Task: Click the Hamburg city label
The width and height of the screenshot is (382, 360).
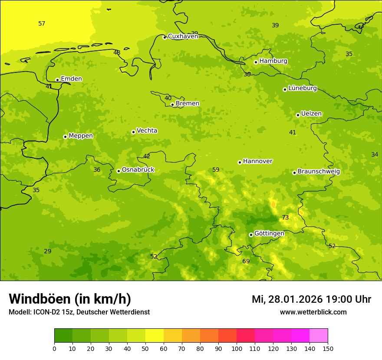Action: pyautogui.click(x=273, y=61)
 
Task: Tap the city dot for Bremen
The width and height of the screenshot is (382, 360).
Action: pyautogui.click(x=172, y=105)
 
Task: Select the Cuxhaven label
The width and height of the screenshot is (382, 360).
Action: pyautogui.click(x=183, y=36)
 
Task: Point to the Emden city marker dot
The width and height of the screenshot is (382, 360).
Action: pyautogui.click(x=57, y=80)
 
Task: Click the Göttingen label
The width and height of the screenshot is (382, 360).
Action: pyautogui.click(x=269, y=233)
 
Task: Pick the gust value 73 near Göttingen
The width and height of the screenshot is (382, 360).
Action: pyautogui.click(x=285, y=217)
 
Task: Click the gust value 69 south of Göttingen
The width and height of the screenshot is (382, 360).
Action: pyautogui.click(x=246, y=261)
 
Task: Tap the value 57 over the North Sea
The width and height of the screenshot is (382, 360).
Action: pyautogui.click(x=42, y=23)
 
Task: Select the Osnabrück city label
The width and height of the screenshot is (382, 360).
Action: pyautogui.click(x=138, y=170)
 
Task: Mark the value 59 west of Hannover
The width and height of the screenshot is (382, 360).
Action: pyautogui.click(x=216, y=170)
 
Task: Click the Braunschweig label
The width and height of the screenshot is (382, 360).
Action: pyautogui.click(x=319, y=172)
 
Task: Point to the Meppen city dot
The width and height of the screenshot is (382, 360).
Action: pyautogui.click(x=65, y=137)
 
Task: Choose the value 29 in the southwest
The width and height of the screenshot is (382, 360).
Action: pyautogui.click(x=48, y=251)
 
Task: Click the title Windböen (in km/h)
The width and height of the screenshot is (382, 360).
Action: pyautogui.click(x=70, y=299)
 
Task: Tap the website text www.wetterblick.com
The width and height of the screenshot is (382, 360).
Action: pyautogui.click(x=313, y=312)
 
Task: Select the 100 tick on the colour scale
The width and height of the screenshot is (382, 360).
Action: pyautogui.click(x=237, y=348)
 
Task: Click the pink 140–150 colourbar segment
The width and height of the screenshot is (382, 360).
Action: pyautogui.click(x=319, y=336)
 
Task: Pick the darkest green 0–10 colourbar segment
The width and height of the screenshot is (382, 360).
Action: pyautogui.click(x=63, y=336)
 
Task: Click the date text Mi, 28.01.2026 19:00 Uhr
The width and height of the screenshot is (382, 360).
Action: pyautogui.click(x=311, y=299)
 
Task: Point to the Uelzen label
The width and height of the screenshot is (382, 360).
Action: pyautogui.click(x=311, y=114)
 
